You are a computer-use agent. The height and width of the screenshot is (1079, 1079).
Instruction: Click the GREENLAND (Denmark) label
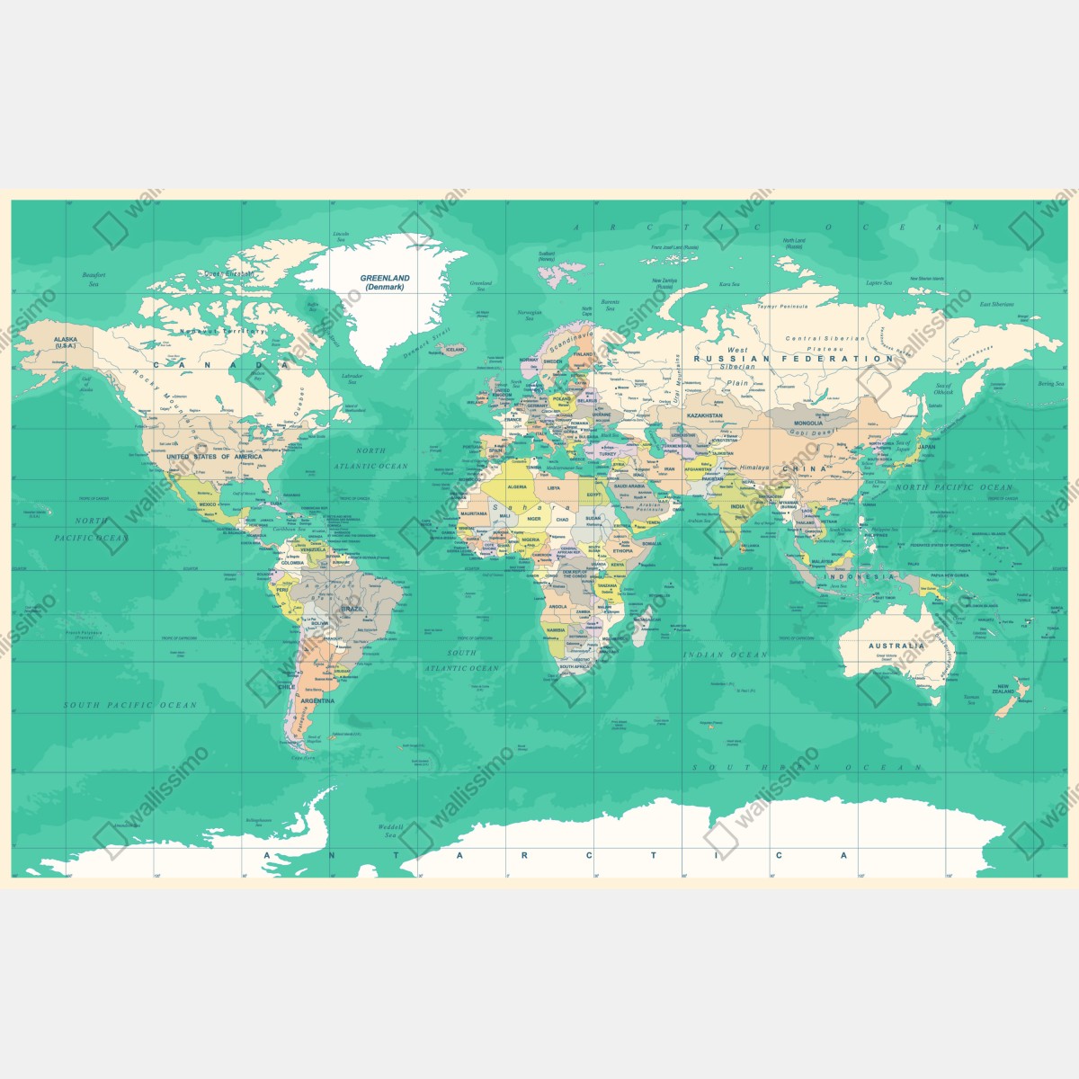(x=385, y=282)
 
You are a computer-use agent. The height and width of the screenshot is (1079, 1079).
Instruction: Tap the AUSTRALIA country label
(x=896, y=646)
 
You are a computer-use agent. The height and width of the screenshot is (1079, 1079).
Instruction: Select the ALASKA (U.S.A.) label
(x=66, y=343)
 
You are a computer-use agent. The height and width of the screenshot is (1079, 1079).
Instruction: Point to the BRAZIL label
(x=352, y=609)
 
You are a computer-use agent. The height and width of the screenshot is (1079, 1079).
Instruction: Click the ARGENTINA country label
(x=317, y=700)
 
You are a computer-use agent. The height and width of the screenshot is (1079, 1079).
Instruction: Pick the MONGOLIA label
(x=807, y=423)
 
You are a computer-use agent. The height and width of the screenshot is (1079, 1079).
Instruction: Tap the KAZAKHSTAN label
(x=704, y=416)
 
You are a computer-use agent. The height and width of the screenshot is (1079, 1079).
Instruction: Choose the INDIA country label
(x=737, y=506)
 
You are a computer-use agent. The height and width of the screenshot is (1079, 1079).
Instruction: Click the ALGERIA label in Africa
(x=517, y=486)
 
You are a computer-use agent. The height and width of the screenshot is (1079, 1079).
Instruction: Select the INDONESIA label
(x=860, y=576)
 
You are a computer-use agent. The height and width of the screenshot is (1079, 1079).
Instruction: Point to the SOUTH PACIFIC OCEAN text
(x=129, y=705)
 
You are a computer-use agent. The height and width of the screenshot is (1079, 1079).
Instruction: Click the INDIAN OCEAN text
(x=725, y=655)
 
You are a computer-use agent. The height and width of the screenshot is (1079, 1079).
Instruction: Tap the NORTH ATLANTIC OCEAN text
(x=370, y=459)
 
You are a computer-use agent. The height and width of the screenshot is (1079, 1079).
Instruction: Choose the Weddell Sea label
(x=390, y=830)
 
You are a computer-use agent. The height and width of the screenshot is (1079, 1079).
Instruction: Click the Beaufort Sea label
(x=94, y=279)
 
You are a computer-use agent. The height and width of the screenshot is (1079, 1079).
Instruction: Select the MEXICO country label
(x=209, y=505)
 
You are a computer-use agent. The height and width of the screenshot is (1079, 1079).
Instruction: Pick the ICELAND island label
(x=455, y=350)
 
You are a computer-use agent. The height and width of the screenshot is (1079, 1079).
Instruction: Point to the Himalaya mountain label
(x=754, y=468)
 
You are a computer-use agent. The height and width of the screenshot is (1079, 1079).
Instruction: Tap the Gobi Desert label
(x=815, y=432)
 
